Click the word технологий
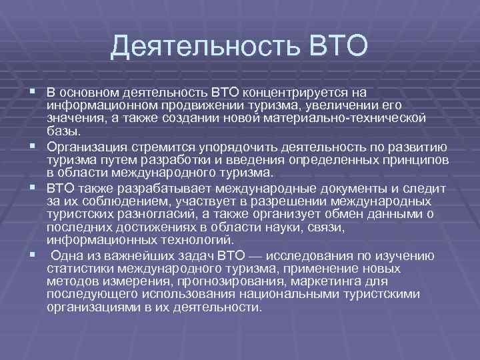(x=194, y=239)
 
